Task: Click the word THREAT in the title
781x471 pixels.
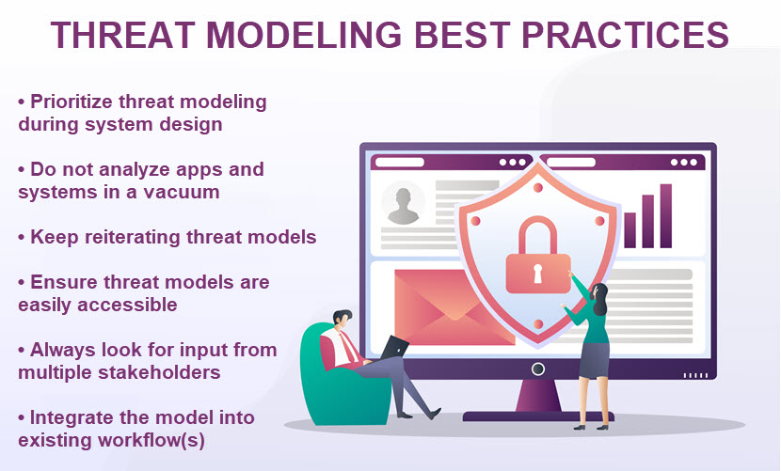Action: pos(122,35)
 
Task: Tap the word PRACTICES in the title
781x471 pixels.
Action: pos(625,35)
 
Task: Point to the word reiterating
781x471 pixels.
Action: pos(133,238)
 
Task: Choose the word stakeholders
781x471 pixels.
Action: pos(166,372)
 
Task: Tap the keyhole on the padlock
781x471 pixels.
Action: pos(538,274)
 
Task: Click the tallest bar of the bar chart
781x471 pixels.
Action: pos(666,216)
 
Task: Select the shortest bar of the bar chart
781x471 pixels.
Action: pos(630,230)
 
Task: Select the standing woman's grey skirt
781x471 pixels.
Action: pos(594,360)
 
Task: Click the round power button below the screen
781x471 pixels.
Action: pos(538,369)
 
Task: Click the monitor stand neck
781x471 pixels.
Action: pos(538,396)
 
